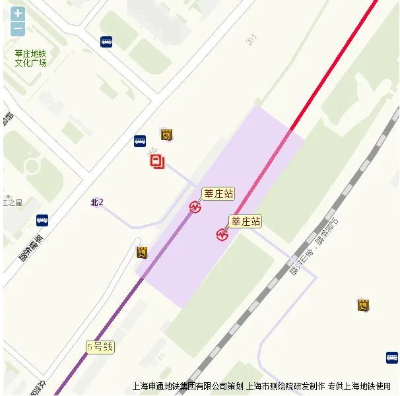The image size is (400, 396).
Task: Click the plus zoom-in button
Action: pyautogui.click(x=18, y=13)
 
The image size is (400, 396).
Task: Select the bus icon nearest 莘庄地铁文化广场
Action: pyautogui.click(x=106, y=42)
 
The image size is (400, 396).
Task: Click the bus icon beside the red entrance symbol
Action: pyautogui.click(x=140, y=141)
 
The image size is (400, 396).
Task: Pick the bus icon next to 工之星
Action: pyautogui.click(x=42, y=220)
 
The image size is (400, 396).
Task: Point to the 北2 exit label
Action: pyautogui.click(x=97, y=202)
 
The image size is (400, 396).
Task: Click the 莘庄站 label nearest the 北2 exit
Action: pyautogui.click(x=218, y=193)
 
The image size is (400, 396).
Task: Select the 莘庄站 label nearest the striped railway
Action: pyautogui.click(x=246, y=221)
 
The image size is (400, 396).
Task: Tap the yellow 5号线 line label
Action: pyautogui.click(x=100, y=346)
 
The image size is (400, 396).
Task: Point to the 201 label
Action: pyautogui.click(x=251, y=40)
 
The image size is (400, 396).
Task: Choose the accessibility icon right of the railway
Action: pyautogui.click(x=363, y=305)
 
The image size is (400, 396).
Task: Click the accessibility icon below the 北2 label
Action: pyautogui.click(x=141, y=251)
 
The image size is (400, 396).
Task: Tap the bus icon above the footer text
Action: pyautogui.click(x=392, y=357)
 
